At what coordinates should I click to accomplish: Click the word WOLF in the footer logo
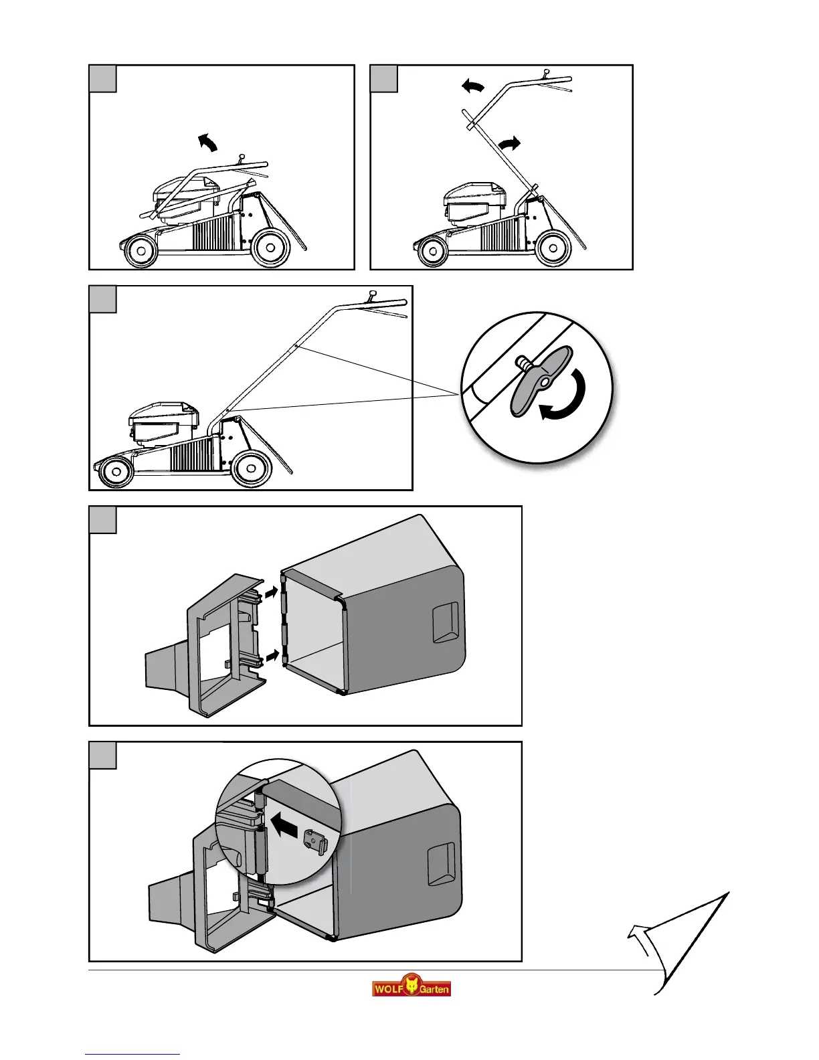(387, 988)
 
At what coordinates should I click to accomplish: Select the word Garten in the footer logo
(434, 989)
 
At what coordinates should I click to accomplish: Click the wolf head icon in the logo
(411, 986)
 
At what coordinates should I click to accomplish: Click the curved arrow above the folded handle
(208, 142)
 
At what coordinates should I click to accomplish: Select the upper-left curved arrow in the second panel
(473, 86)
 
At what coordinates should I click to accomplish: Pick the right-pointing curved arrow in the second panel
(509, 143)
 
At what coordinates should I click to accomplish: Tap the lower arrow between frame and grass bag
(270, 658)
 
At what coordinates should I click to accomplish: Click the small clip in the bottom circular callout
(314, 841)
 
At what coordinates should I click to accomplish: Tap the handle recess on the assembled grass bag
(441, 864)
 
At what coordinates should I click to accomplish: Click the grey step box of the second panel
(384, 78)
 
